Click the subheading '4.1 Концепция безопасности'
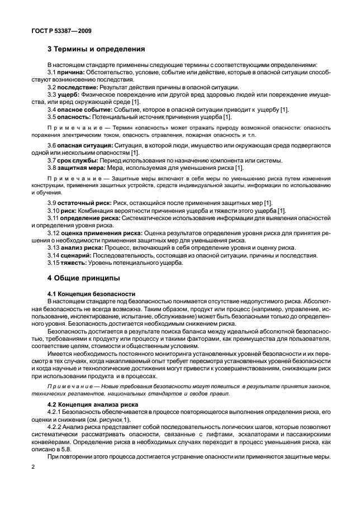[88, 293]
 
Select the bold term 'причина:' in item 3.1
[70, 73]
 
